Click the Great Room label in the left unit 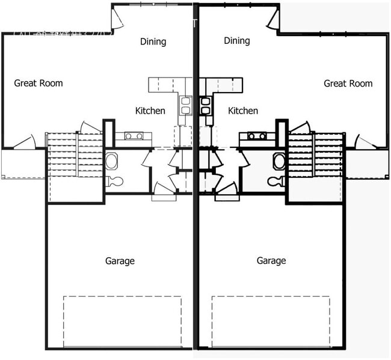pos(38,83)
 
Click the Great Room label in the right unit pos(348,84)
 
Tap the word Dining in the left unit pos(153,41)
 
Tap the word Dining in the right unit pos(236,41)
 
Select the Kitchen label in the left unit pos(150,111)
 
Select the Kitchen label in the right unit pos(243,111)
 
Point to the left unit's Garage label pos(120,261)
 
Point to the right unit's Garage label pos(271,261)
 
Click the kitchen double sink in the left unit pos(185,106)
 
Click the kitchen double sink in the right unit pos(205,106)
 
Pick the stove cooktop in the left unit pos(134,136)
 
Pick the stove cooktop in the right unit pos(257,136)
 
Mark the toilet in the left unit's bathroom pos(115,181)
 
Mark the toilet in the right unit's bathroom pos(276,181)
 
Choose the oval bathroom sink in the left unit pos(112,161)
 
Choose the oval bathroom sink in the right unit pos(279,161)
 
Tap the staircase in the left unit pos(75,155)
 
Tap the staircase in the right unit pos(316,155)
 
